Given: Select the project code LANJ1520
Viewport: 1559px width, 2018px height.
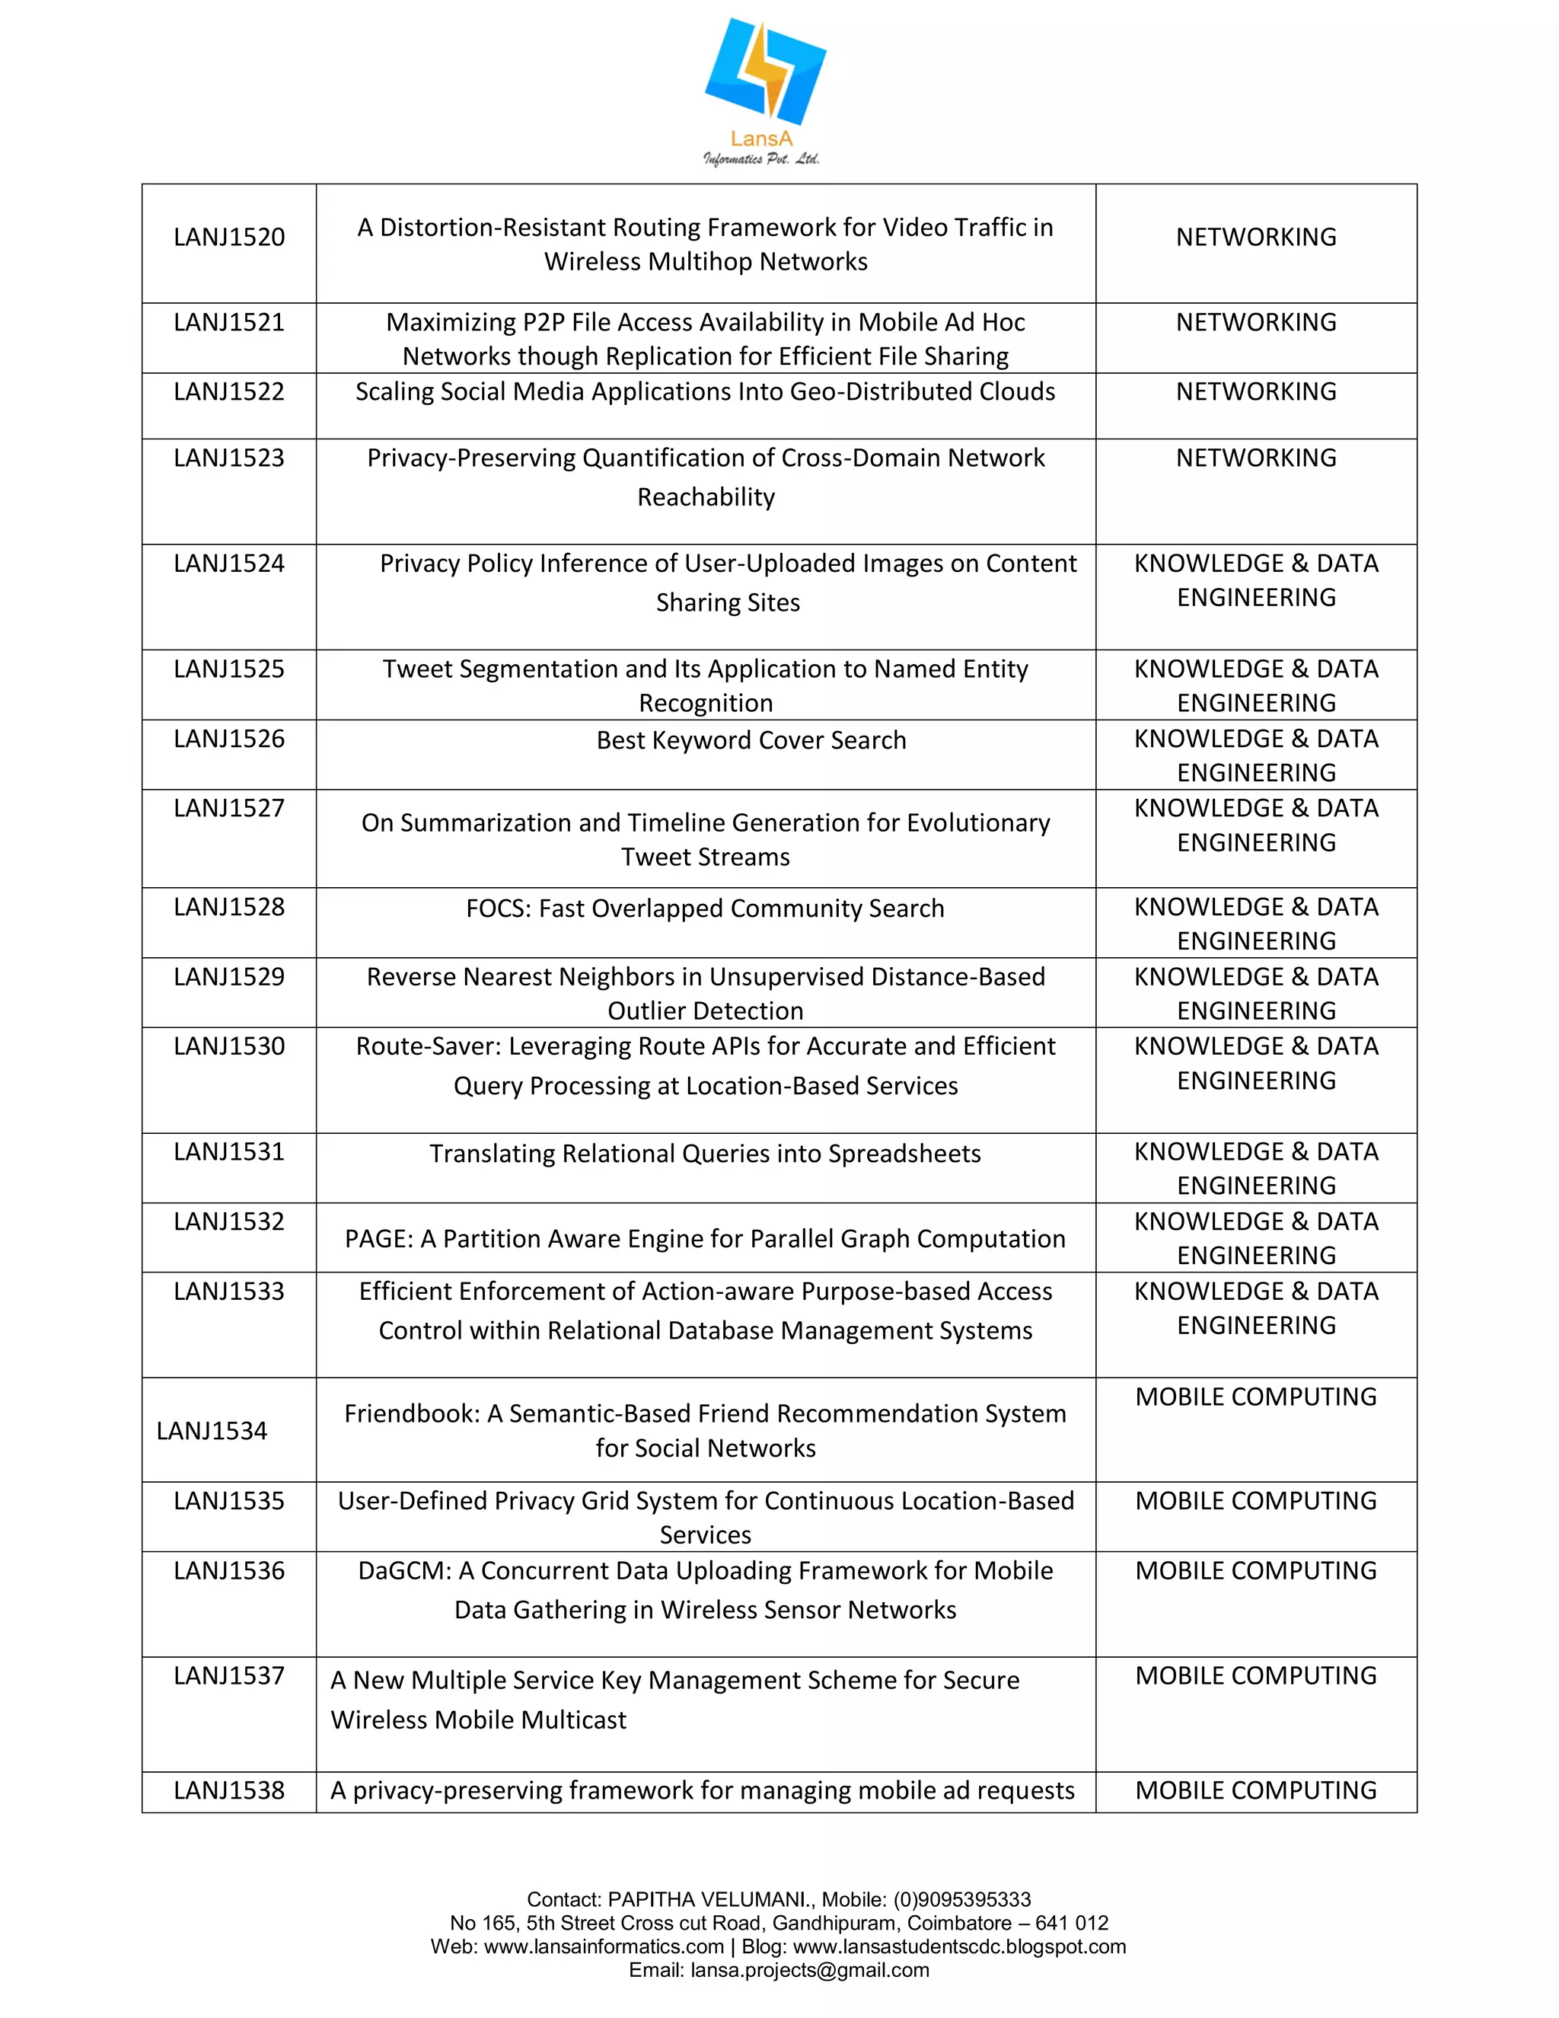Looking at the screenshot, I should (x=229, y=238).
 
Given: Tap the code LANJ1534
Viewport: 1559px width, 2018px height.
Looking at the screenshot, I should (x=212, y=1432).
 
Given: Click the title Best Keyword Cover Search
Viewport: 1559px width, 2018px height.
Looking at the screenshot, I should (x=751, y=740).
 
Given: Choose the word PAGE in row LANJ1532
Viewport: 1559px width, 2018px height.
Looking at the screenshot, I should (x=378, y=1239).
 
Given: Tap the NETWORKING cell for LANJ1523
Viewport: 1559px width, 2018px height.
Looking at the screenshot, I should (x=1255, y=458).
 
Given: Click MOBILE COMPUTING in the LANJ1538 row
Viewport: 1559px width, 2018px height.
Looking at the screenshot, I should (x=1255, y=1791).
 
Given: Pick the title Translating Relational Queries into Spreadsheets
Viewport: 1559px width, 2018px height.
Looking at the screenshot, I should (x=705, y=1154).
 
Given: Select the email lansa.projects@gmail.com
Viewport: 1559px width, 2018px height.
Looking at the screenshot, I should (x=809, y=1970).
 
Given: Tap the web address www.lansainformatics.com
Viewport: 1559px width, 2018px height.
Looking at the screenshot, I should (x=604, y=1947).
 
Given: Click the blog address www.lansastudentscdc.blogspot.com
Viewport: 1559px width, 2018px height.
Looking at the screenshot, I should (x=958, y=1947).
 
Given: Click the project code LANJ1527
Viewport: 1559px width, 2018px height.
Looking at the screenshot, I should (x=229, y=809).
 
